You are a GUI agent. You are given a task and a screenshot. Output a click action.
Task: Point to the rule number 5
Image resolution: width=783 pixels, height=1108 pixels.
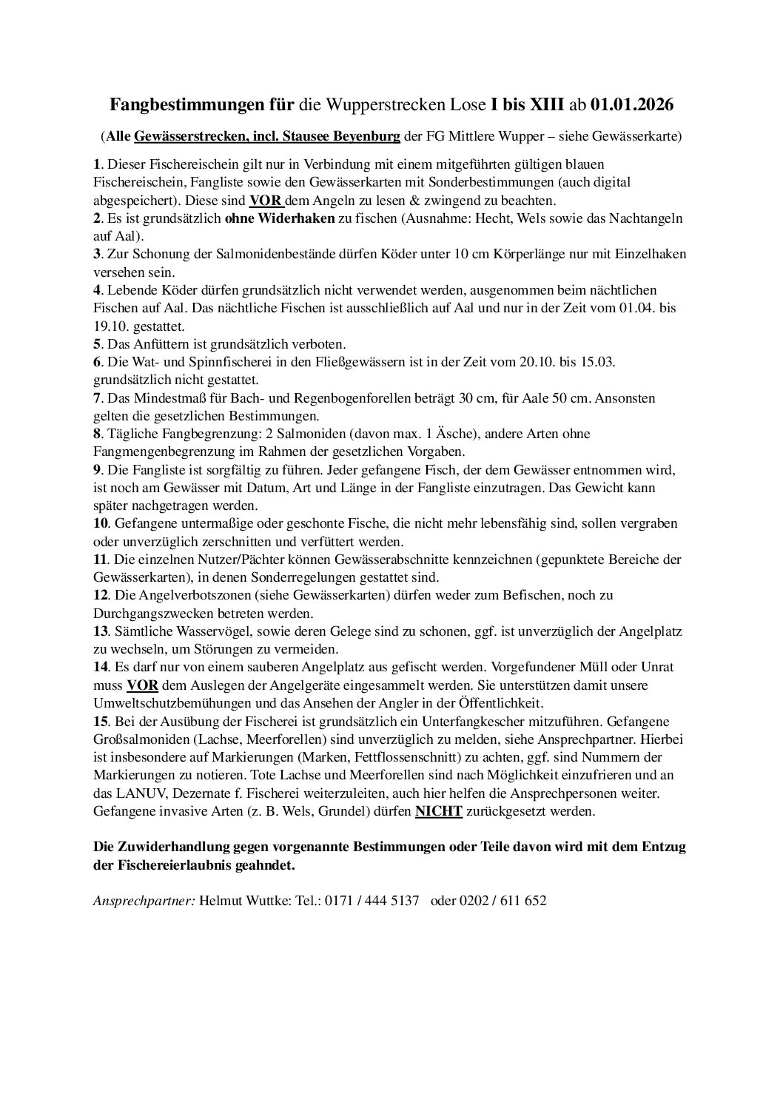(x=97, y=344)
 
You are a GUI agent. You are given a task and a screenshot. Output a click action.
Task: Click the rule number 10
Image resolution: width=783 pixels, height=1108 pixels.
(x=100, y=523)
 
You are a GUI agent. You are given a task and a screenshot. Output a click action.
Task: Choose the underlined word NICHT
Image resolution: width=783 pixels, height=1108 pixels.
(x=438, y=811)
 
